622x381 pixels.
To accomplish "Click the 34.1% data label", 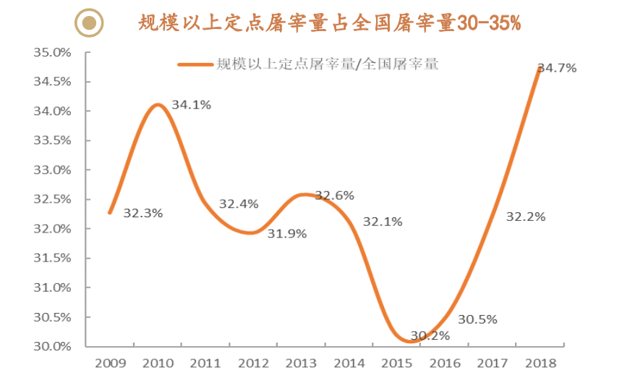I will (192, 105).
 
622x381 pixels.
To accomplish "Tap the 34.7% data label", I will (557, 68).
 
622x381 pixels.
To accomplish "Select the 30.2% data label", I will (430, 335).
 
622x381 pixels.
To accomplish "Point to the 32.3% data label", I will (143, 214).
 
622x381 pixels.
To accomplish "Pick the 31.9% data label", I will (287, 233).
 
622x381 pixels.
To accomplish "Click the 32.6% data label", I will (334, 196).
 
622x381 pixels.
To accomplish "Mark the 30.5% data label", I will (477, 319).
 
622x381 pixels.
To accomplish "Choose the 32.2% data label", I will (526, 217).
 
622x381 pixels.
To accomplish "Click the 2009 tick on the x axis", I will (109, 361).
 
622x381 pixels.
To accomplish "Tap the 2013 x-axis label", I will (300, 361).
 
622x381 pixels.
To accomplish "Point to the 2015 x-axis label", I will (396, 361).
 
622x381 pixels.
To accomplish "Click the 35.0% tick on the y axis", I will (51, 53).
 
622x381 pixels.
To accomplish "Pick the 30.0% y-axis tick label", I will (51, 346).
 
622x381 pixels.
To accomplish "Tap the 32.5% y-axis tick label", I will (51, 199).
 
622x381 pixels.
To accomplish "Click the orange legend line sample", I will (196, 64).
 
